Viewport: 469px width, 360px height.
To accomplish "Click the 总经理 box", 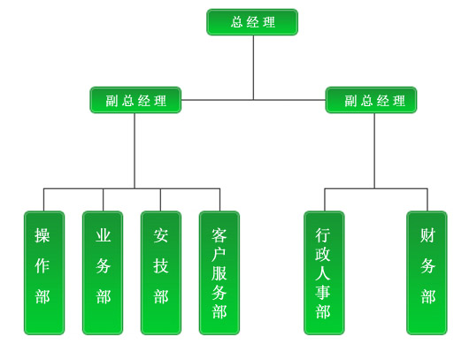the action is point(252,22).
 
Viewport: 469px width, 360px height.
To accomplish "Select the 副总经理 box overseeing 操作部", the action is point(135,100).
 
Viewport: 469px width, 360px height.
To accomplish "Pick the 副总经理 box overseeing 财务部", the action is point(371,100).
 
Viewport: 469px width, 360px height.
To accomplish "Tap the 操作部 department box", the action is point(44,272).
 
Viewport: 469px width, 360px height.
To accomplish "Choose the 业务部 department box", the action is point(103,272).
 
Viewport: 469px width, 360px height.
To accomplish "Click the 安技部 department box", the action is point(161,272).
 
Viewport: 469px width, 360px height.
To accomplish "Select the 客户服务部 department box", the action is point(219,272).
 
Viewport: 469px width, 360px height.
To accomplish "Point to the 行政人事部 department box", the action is point(324,272).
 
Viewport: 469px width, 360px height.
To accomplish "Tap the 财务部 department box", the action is point(427,272).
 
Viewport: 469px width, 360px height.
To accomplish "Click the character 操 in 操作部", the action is point(42,235).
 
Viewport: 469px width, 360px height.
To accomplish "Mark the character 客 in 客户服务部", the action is point(219,235).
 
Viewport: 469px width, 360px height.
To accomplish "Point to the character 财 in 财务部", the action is point(427,235).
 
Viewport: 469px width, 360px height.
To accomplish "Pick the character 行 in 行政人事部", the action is point(323,235).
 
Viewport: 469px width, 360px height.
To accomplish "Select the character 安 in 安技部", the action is point(161,235).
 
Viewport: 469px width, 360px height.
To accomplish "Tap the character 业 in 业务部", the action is point(104,235).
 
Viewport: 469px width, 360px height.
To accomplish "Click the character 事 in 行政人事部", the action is point(323,292).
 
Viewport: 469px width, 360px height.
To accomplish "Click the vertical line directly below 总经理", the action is point(254,67).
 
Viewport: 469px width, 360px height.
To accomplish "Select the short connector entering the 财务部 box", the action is point(427,200).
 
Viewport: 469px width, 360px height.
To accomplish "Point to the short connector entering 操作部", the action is point(43,200).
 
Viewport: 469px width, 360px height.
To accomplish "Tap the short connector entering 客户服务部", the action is point(219,200).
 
